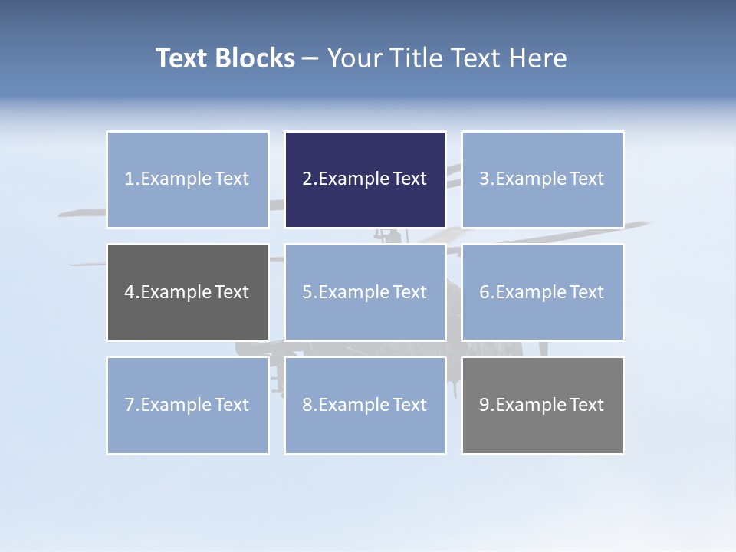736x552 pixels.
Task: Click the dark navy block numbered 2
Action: point(365,179)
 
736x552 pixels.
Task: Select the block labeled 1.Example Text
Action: point(187,179)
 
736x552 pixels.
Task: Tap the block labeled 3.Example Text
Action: point(542,179)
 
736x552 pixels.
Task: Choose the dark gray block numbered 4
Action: point(187,292)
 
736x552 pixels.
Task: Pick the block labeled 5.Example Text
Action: point(365,292)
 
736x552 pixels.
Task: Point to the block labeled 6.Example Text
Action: point(542,292)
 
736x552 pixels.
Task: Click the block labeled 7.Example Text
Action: point(187,405)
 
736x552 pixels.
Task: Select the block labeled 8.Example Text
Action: point(365,405)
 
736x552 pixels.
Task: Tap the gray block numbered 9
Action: point(542,405)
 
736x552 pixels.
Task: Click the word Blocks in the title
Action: point(255,58)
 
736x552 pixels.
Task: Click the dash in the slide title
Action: point(310,58)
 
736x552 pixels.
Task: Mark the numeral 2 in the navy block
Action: point(307,179)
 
